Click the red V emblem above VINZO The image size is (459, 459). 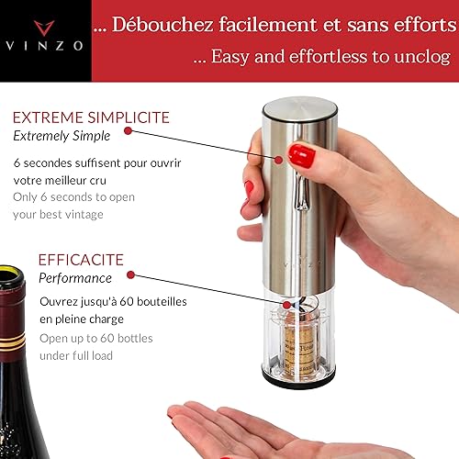[x=44, y=28]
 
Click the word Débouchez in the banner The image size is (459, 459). [x=162, y=25]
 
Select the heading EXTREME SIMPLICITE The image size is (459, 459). [x=91, y=118]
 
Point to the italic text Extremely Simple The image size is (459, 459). [x=62, y=136]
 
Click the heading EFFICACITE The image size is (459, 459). [x=81, y=260]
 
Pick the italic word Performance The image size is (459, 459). [x=75, y=278]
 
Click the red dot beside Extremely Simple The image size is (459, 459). [x=128, y=131]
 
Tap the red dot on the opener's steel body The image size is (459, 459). [x=278, y=160]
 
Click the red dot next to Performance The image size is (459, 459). [x=130, y=274]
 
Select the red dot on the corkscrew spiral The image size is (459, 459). [x=286, y=305]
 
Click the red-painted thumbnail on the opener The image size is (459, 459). [x=301, y=155]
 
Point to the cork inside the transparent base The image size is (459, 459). [x=300, y=350]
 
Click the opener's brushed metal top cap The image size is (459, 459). [x=300, y=109]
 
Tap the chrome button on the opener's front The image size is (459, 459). [x=301, y=191]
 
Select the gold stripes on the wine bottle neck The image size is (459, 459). [x=12, y=342]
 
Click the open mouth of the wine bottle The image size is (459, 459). [x=11, y=277]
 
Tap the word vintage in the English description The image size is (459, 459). [x=84, y=215]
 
